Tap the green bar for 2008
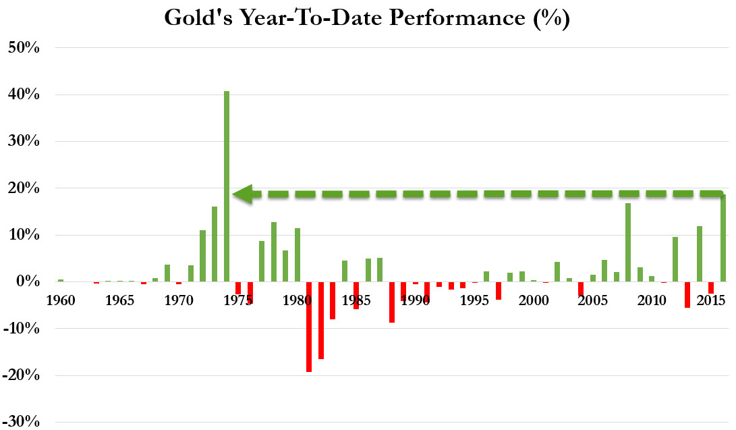pos(628,242)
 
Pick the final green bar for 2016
pos(723,238)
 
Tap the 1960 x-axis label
pos(61,300)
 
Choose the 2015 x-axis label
pos(710,300)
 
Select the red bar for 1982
pos(321,320)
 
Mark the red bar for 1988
pos(392,302)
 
